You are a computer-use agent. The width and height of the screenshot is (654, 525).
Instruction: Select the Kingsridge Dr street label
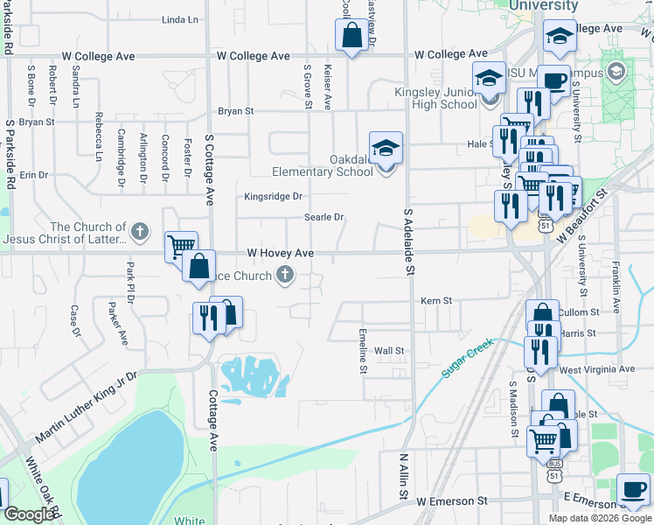[273, 196]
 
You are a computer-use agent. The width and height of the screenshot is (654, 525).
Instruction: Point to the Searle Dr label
[324, 217]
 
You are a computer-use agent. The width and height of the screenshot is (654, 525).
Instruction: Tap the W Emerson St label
[451, 501]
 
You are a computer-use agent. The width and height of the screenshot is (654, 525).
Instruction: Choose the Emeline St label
[364, 351]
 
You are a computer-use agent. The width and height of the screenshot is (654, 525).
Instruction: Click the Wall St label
[389, 351]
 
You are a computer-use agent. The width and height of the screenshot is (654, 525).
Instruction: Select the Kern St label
[435, 300]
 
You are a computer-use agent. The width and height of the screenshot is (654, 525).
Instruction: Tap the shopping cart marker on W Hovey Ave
[181, 247]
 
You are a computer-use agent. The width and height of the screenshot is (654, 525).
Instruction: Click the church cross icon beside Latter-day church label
[140, 233]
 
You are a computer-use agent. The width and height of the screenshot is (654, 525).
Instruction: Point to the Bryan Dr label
[36, 122]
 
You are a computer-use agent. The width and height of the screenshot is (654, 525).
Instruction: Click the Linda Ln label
[180, 19]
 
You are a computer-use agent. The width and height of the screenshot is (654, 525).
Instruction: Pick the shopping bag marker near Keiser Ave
[351, 36]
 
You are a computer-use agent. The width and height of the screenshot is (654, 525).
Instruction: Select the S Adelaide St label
[407, 240]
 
